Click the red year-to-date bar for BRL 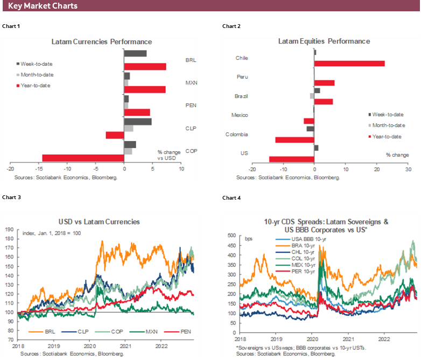145,67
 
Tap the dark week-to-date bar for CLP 137,122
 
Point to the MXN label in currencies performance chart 190,83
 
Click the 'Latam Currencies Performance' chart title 101,41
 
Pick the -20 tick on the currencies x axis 10,169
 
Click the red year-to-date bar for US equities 291,159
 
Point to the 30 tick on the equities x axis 408,169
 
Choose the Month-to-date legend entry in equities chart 387,125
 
